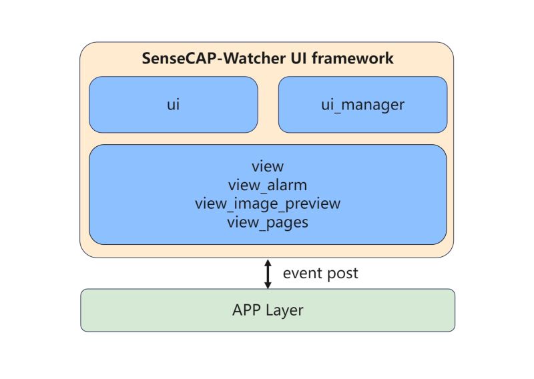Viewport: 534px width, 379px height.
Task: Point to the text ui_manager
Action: tap(362, 105)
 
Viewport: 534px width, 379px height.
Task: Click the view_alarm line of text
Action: tap(268, 185)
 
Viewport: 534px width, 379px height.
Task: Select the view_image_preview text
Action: tap(268, 204)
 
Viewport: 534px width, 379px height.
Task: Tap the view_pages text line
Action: tap(268, 222)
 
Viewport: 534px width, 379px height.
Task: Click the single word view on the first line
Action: tap(268, 166)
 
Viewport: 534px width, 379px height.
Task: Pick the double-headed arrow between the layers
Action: tap(268, 274)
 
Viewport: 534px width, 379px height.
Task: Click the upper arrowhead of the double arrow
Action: tap(268, 263)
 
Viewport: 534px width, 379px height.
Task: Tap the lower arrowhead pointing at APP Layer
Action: tap(268, 285)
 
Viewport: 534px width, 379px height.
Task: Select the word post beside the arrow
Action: tap(343, 274)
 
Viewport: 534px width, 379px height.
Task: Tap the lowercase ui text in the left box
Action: tap(174, 105)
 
